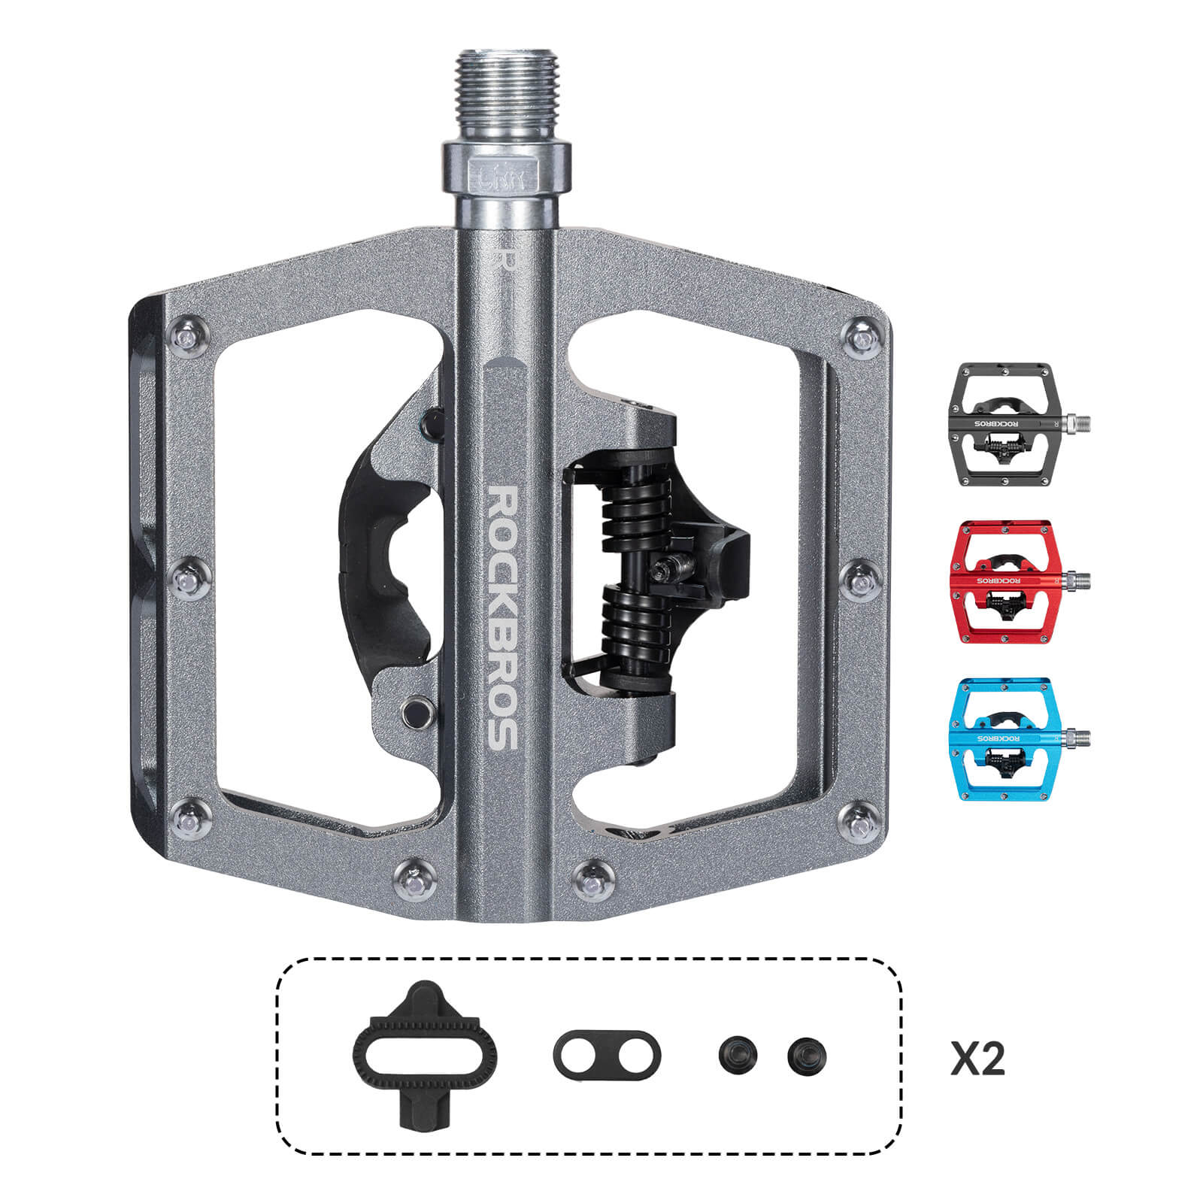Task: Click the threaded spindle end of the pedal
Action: point(507,90)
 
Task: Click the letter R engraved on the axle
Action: point(507,258)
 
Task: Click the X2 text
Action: point(977,1059)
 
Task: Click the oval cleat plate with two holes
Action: point(607,1054)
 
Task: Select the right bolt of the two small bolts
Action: point(807,1056)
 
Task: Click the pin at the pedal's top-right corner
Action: point(862,338)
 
